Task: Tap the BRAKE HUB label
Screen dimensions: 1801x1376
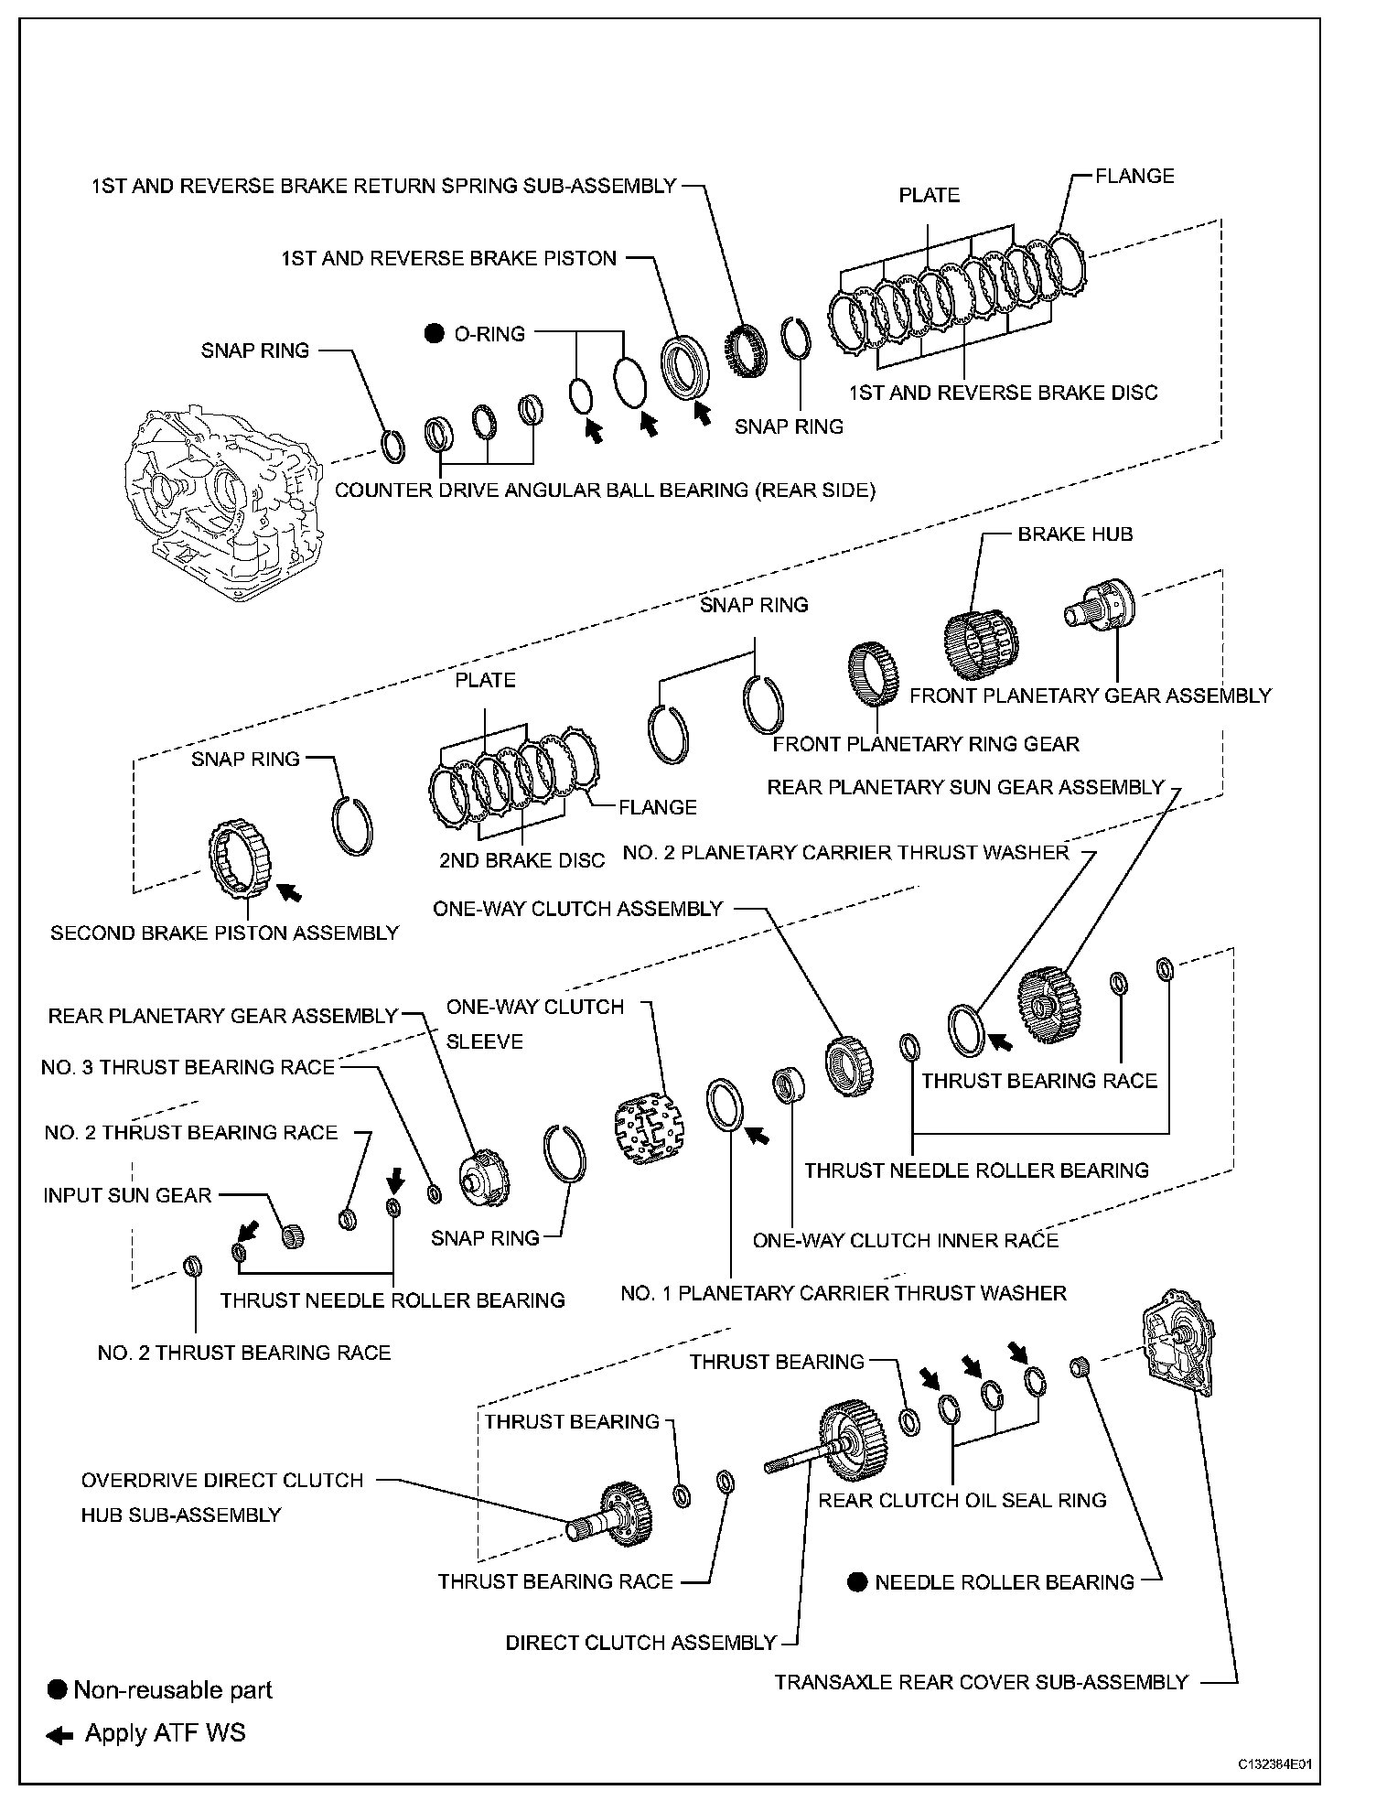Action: coord(1075,534)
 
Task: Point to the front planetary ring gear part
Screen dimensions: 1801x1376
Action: coord(876,675)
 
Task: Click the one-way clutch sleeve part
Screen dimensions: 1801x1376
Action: coord(649,1126)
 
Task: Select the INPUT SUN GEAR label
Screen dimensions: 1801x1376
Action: coord(127,1195)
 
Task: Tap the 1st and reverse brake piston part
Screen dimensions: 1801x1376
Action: coord(683,367)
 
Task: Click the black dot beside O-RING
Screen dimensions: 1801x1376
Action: coord(435,334)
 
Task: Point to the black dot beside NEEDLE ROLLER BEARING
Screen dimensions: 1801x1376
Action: coord(856,1582)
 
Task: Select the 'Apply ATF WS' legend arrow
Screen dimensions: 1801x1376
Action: coord(59,1733)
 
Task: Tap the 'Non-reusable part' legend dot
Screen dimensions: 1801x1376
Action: coord(58,1689)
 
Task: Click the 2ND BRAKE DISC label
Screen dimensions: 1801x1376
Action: coord(521,860)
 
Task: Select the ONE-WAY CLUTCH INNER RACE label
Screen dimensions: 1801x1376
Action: coord(905,1240)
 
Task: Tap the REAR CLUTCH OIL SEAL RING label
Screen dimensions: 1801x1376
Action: coord(962,1501)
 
